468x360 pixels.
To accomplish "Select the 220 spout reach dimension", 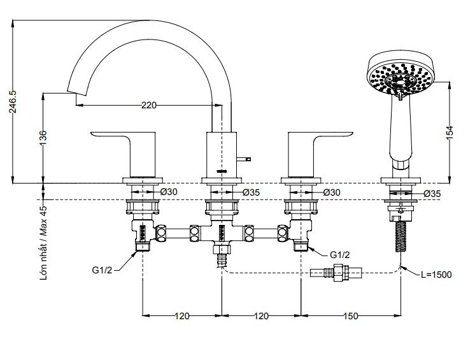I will click(x=148, y=106).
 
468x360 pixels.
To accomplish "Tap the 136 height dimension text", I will click(x=43, y=138).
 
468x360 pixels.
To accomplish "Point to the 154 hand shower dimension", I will click(x=450, y=132).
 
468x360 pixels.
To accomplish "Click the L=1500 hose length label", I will click(x=436, y=275).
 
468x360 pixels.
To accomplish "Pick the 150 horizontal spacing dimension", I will click(x=350, y=316).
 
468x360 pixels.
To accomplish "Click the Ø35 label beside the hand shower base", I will click(x=432, y=193).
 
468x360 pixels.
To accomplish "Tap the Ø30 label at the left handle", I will click(x=169, y=192).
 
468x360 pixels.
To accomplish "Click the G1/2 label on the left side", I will click(x=103, y=270).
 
